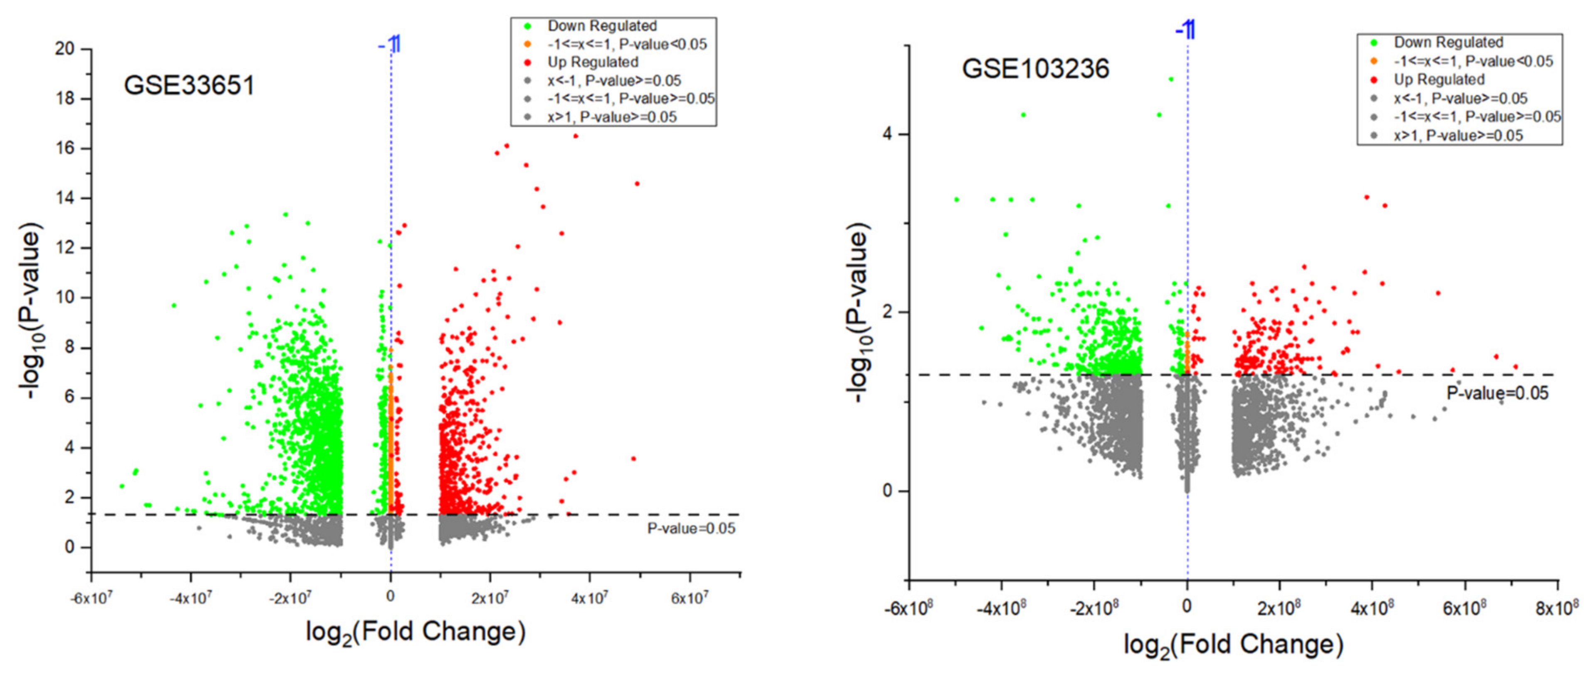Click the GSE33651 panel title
click(189, 85)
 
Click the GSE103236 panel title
click(1035, 68)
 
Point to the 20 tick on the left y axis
click(64, 48)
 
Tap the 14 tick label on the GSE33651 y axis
click(64, 198)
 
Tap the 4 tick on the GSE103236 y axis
click(888, 134)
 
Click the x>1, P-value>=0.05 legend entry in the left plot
click(611, 117)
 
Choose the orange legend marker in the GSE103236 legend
click(1374, 61)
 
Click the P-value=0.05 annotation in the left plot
click(691, 529)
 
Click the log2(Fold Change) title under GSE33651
click(415, 632)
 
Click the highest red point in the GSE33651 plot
click(575, 136)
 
